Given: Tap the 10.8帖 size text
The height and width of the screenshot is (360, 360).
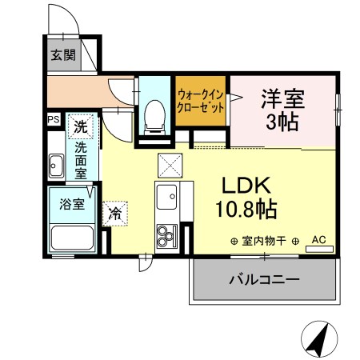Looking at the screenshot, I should point(246,210).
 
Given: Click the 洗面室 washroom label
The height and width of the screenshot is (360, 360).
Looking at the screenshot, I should point(82,160).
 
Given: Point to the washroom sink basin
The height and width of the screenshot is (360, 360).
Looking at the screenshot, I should point(57,168).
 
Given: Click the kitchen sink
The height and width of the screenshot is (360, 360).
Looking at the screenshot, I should point(169,195).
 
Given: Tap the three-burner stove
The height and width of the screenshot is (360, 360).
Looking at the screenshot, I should point(168,234).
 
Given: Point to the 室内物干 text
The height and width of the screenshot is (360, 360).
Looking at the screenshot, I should point(264,240).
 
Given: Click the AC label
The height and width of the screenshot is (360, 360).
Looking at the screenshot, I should point(318,239).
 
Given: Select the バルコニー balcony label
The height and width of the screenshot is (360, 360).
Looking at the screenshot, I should point(263,281).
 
